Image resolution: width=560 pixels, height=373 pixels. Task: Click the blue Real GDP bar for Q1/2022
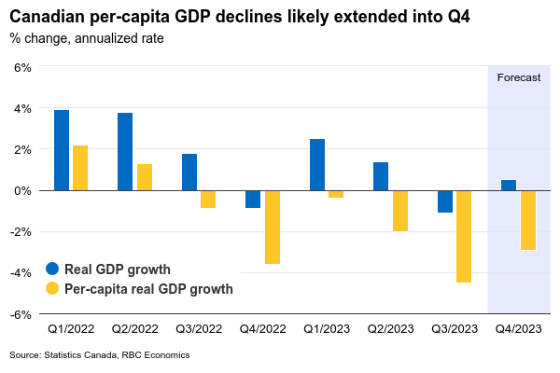click(62, 150)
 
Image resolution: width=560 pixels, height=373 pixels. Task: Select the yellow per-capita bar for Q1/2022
click(80, 168)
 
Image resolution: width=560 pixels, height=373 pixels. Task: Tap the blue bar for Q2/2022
click(125, 151)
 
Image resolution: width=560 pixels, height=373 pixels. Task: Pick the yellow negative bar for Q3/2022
click(208, 199)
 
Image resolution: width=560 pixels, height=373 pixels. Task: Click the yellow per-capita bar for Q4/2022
click(272, 227)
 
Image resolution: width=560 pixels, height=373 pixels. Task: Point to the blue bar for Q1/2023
click(317, 164)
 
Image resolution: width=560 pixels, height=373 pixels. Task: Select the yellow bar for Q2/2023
click(399, 211)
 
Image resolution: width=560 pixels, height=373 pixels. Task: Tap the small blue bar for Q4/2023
click(509, 185)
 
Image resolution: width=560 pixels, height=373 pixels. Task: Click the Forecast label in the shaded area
click(518, 77)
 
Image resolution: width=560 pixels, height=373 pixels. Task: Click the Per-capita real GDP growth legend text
click(148, 289)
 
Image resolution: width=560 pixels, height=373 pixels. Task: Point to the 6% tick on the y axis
click(22, 67)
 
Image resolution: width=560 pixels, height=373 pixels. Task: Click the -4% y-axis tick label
click(21, 272)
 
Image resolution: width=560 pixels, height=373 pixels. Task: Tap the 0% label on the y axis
click(22, 190)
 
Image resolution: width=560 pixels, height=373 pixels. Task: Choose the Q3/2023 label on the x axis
click(455, 328)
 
